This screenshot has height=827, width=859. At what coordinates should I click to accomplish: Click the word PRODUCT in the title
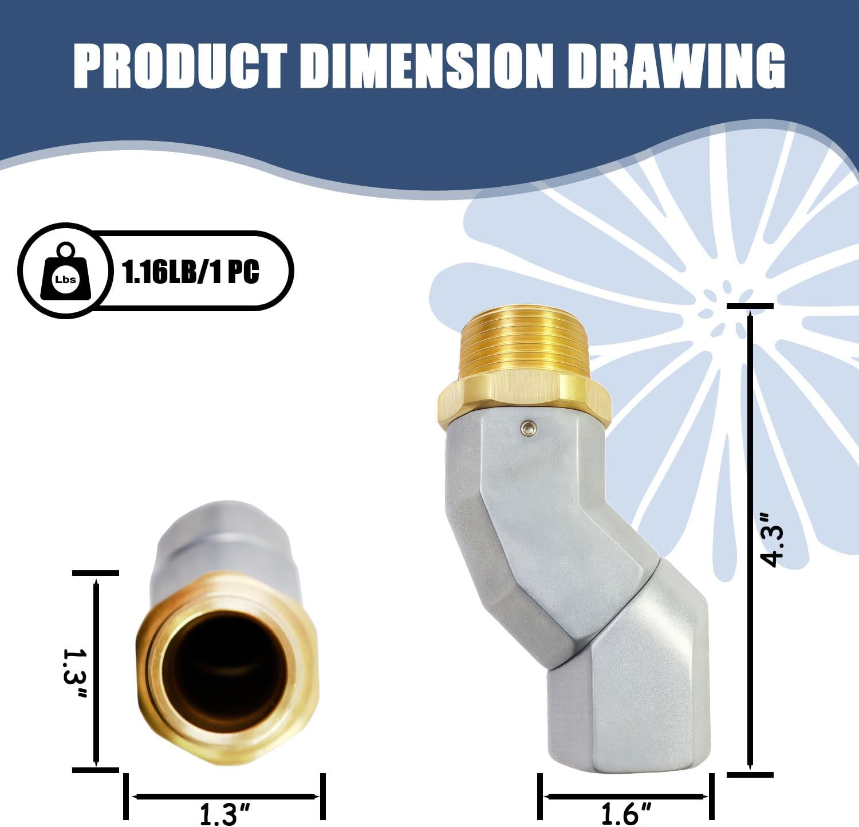179,67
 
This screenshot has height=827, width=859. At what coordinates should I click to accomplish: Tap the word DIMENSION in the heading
426,67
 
